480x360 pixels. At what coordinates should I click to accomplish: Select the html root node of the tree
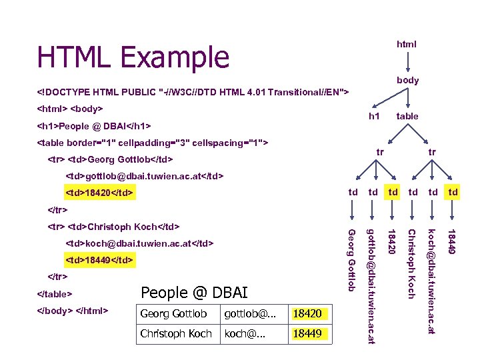click(407, 44)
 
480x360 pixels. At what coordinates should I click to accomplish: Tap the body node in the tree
click(407, 80)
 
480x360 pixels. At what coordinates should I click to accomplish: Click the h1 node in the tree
click(375, 116)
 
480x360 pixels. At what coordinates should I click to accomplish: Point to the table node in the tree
click(407, 116)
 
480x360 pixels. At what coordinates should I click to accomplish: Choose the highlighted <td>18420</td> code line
click(100, 193)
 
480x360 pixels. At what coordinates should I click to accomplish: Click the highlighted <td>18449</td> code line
click(100, 259)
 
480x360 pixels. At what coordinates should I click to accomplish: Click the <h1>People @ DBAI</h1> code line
click(93, 125)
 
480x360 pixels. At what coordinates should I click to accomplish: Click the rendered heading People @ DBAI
click(194, 293)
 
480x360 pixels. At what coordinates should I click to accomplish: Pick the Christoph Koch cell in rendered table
click(176, 333)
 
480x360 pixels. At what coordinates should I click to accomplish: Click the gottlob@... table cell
click(246, 313)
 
